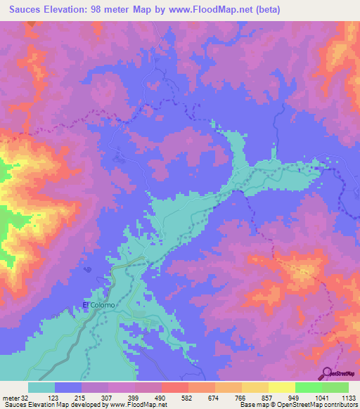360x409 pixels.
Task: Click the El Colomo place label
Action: pyautogui.click(x=96, y=305)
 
